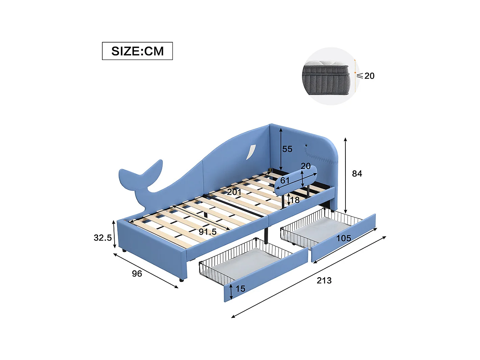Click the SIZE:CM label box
(137, 51)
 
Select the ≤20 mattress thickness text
(366, 76)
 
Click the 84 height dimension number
(357, 173)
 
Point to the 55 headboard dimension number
(287, 149)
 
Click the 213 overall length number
(324, 280)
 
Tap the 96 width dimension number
(137, 273)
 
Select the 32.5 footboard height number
(102, 238)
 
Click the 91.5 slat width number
(208, 232)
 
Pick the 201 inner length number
(234, 192)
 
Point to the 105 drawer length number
(343, 238)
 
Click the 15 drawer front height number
(240, 289)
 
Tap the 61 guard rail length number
(285, 181)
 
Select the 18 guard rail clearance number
(295, 200)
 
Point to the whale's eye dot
(306, 145)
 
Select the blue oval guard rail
(296, 180)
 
